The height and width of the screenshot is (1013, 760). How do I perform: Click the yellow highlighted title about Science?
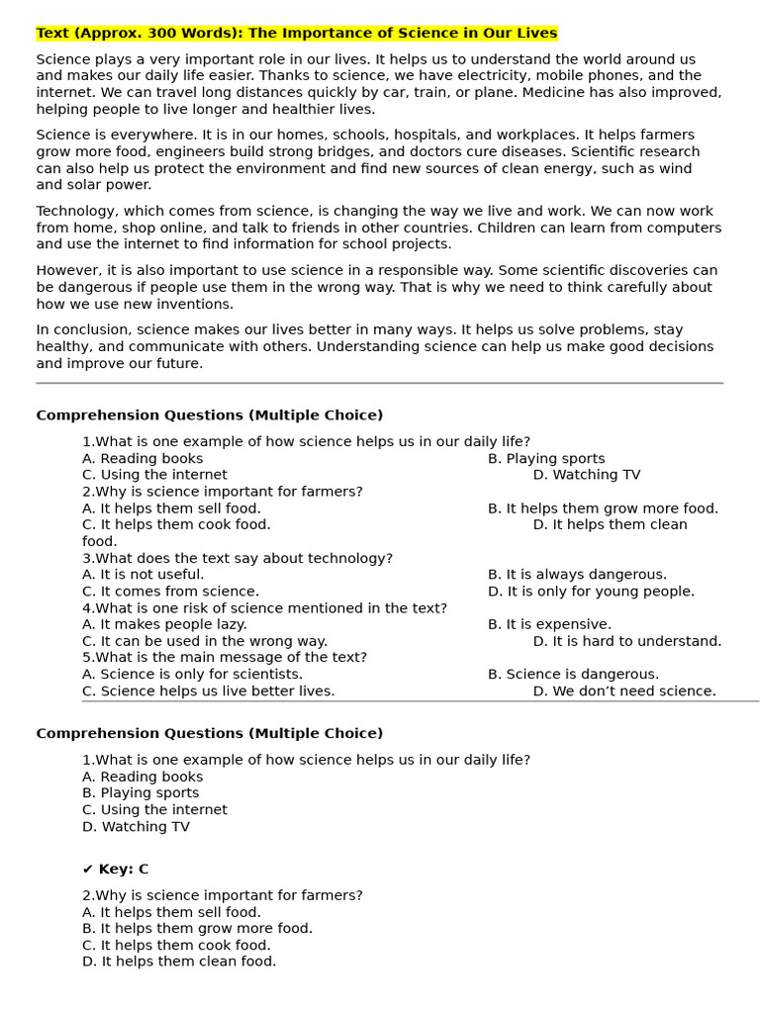[x=297, y=34]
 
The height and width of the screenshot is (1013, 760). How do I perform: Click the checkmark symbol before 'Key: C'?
[x=87, y=870]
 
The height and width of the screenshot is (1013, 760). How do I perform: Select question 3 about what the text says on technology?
[x=237, y=559]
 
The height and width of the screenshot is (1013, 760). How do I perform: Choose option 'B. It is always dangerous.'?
[x=577, y=575]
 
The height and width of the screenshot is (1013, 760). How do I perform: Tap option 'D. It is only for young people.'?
[x=591, y=592]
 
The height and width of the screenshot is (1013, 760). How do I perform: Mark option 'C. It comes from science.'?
[x=170, y=592]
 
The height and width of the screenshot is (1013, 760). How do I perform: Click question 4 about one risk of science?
[x=264, y=608]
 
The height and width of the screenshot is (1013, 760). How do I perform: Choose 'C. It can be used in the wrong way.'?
[x=205, y=642]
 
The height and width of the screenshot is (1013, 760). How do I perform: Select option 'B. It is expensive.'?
[x=549, y=625]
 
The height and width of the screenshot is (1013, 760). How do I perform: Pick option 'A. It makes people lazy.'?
[x=164, y=625]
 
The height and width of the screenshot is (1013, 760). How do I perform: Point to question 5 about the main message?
[x=225, y=658]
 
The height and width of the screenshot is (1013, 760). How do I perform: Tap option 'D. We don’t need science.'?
[x=624, y=691]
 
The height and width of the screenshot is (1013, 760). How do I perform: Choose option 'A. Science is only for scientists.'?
[x=192, y=675]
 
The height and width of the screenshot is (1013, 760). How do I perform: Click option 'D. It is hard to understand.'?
[x=627, y=642]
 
